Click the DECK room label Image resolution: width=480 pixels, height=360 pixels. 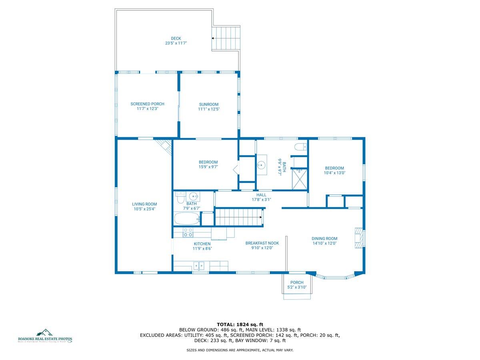[176, 39]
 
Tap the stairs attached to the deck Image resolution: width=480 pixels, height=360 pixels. [226, 38]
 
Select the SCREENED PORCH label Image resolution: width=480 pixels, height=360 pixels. [147, 104]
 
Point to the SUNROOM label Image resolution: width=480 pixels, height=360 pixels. [209, 104]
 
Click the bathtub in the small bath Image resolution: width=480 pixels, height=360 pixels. [187, 219]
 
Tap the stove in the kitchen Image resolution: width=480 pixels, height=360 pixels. [188, 232]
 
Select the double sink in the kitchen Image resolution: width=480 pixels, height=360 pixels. [199, 265]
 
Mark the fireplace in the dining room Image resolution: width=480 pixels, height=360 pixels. [359, 238]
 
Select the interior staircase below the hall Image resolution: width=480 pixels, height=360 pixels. [238, 217]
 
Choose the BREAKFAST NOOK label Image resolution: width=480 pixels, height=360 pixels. [262, 243]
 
